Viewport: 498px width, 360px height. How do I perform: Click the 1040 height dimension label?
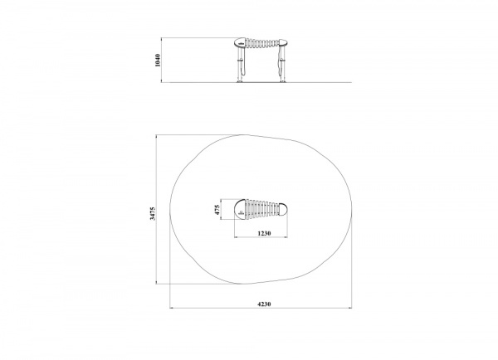click(x=158, y=61)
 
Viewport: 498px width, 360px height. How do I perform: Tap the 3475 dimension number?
click(x=153, y=213)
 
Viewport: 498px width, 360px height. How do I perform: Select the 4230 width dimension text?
click(x=264, y=304)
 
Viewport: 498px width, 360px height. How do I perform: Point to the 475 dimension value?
click(x=217, y=210)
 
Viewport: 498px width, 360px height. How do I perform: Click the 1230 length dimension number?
click(x=264, y=233)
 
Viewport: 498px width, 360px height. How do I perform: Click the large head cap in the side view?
click(x=240, y=42)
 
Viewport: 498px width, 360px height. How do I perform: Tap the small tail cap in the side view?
click(x=283, y=42)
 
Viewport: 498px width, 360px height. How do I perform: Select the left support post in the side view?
click(x=240, y=64)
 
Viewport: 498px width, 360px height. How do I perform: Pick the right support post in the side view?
click(x=283, y=64)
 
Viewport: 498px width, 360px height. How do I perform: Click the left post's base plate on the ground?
click(x=240, y=81)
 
